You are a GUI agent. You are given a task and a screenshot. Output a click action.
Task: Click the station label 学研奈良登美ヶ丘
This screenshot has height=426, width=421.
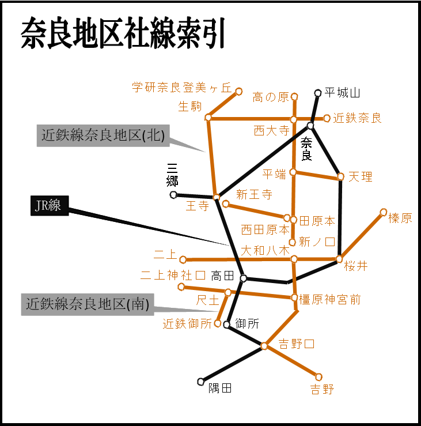181,88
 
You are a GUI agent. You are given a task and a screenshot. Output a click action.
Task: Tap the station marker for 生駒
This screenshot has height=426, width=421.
208,118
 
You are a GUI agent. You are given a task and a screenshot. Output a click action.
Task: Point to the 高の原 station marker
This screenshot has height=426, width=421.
294,96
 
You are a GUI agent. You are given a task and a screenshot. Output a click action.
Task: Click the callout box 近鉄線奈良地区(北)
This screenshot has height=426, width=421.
103,135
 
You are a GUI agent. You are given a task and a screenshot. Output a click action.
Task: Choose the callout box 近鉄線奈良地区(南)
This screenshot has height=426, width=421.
88,304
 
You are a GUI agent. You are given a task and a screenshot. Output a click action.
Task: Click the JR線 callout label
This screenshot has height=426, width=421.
48,206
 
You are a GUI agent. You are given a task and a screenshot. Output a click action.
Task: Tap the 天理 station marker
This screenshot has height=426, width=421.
340,176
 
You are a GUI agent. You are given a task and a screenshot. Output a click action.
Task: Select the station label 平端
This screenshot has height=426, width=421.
274,174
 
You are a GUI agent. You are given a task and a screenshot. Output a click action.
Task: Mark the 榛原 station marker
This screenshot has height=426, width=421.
384,212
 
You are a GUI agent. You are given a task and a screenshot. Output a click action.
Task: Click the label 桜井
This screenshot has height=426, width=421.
356,266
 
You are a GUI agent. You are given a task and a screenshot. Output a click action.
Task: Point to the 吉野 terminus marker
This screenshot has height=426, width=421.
318,377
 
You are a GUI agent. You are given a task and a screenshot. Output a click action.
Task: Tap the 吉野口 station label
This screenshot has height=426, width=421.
297,345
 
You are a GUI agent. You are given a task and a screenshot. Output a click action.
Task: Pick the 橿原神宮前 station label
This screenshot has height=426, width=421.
330,299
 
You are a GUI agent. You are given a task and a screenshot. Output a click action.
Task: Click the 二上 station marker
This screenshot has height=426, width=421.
183,259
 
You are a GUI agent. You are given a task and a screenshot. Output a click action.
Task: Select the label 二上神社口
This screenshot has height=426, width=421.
173,275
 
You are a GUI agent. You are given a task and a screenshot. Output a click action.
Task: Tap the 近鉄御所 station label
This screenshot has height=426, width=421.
188,324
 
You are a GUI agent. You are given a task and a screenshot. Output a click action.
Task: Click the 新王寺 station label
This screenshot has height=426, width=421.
254,194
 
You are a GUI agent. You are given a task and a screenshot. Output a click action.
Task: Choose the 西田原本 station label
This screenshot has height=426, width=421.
265,229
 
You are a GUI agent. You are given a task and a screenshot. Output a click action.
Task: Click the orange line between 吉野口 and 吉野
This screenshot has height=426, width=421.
291,361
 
